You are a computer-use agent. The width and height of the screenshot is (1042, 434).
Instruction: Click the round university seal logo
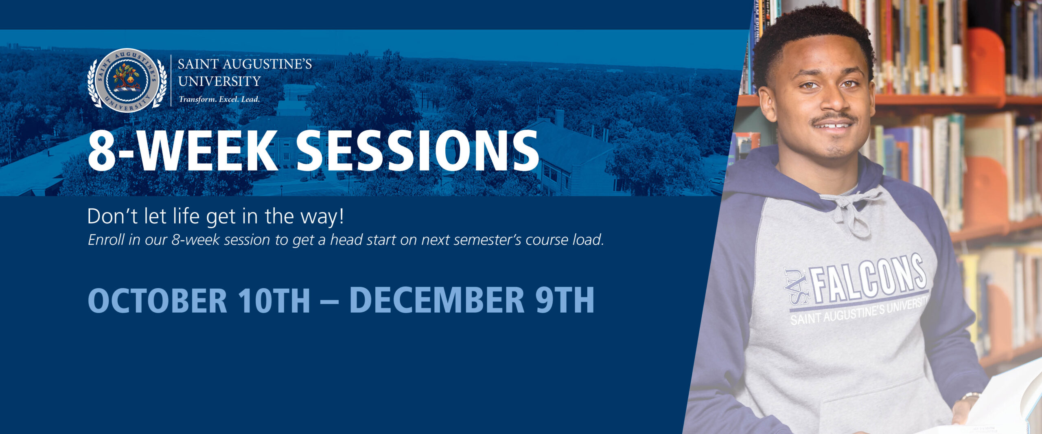[127, 81]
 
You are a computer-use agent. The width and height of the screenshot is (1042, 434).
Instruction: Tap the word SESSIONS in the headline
[418, 151]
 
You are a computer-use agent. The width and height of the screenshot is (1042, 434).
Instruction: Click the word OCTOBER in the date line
[157, 300]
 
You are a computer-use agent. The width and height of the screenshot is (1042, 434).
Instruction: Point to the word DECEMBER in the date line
[437, 300]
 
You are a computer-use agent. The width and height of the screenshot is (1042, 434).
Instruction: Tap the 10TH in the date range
[274, 300]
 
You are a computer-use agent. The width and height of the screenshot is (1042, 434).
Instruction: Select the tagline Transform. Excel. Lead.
[219, 99]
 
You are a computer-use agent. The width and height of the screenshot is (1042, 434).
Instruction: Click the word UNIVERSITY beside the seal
[219, 81]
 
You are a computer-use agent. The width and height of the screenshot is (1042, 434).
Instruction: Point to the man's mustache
[834, 118]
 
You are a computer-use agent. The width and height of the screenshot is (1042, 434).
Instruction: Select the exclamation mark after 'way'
[341, 216]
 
